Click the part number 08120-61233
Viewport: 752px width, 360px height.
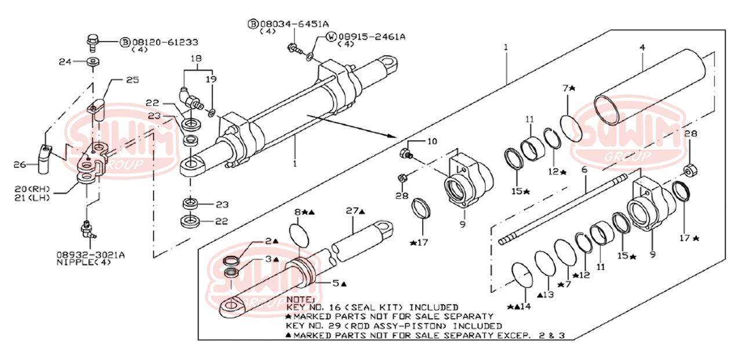(165, 42)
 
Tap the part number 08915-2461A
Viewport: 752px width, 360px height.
(372, 36)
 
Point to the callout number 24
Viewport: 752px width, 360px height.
(65, 61)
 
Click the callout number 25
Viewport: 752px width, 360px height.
(132, 79)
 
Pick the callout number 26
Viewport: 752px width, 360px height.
(20, 165)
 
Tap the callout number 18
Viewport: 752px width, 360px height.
(196, 59)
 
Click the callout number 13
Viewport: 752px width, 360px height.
(548, 295)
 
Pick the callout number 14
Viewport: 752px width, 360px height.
(525, 306)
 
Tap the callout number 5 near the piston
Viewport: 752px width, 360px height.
(335, 283)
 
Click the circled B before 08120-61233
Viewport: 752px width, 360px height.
(125, 42)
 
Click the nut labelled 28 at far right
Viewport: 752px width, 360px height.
(689, 170)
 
